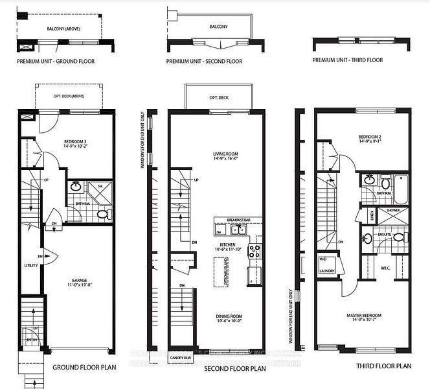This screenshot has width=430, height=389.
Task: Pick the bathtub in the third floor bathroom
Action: click(402, 185)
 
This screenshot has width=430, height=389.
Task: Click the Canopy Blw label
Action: click(181, 356)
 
